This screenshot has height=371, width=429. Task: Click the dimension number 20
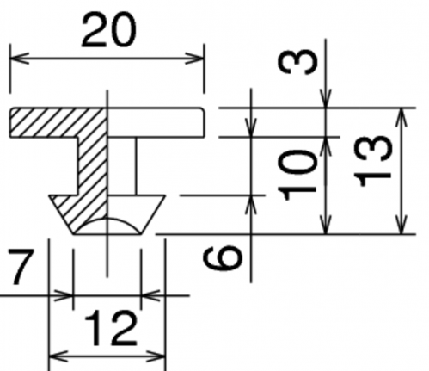click(108, 30)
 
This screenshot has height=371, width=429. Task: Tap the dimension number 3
click(298, 62)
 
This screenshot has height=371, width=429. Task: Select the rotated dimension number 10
click(298, 175)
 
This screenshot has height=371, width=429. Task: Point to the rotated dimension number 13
click(372, 161)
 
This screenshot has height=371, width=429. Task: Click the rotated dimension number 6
click(223, 257)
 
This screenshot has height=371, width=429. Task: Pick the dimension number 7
click(21, 266)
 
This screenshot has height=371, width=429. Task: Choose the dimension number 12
click(111, 328)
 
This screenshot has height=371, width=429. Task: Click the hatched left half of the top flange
click(58, 122)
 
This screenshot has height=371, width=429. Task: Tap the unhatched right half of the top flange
click(156, 122)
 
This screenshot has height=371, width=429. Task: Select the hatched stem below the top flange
click(92, 166)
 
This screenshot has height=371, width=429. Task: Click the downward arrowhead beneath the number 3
click(326, 99)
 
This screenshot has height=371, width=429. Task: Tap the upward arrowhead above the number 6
click(251, 204)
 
